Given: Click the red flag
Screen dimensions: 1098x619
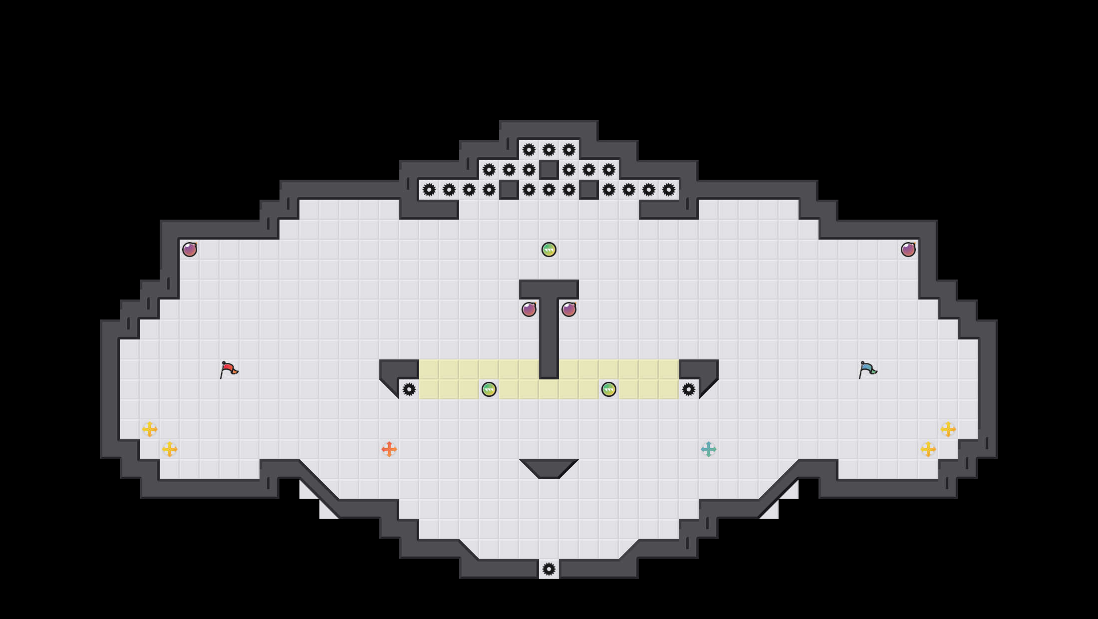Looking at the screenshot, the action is [229, 370].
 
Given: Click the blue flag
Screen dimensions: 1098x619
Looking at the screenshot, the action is [867, 370].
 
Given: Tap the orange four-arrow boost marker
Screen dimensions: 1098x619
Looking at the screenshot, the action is [389, 449].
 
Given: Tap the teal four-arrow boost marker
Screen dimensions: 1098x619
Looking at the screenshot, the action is [709, 449].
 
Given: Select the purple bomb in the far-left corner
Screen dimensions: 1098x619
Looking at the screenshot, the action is [190, 250].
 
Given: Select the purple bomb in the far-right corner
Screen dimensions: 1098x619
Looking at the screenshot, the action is [908, 250].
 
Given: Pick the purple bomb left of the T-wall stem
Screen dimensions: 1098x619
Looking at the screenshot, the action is [529, 309].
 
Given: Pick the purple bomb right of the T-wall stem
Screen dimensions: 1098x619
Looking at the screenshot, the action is [569, 309].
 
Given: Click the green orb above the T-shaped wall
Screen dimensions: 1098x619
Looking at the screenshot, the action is [549, 250].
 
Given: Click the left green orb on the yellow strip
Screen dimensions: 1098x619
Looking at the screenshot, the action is [489, 389].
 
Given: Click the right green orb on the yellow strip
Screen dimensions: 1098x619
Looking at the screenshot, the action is [609, 389].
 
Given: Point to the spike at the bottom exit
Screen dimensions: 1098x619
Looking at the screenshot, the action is [549, 569].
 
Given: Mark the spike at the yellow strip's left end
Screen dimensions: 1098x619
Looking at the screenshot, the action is [409, 389].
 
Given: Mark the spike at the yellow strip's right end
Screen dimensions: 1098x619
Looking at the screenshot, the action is [689, 389].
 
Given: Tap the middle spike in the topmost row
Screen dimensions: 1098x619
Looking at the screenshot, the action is [549, 150].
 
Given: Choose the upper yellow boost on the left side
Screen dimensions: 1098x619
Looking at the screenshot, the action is [150, 429].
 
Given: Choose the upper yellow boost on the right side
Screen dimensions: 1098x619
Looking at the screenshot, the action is [948, 429].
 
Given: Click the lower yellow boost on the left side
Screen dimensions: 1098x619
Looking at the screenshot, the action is [170, 449].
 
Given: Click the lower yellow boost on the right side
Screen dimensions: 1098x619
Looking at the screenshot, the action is [928, 449].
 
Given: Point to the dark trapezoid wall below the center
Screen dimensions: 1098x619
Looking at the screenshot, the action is [549, 468].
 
